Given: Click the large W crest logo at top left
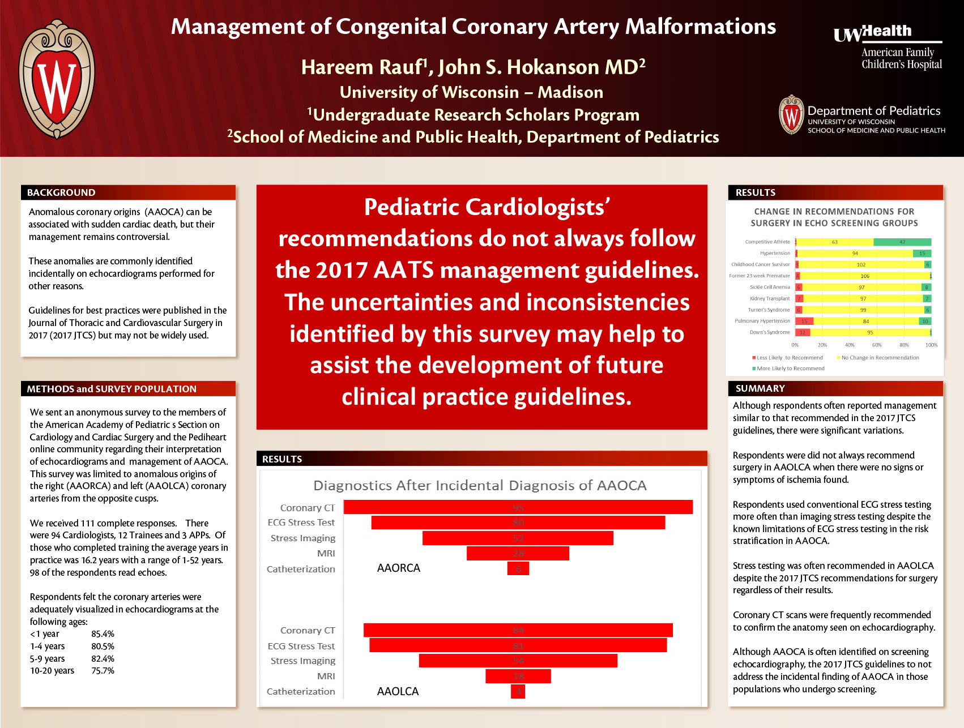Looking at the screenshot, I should click(57, 79).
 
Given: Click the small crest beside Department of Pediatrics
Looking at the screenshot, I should click(791, 115).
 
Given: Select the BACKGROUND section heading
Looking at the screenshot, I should click(61, 192).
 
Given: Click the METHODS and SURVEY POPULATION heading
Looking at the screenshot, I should click(112, 389).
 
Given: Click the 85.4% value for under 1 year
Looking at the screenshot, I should click(103, 634).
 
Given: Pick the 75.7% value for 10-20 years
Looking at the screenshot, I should click(103, 671).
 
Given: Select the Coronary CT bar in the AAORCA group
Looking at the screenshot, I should click(518, 507).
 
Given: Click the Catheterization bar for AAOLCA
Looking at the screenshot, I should click(518, 691).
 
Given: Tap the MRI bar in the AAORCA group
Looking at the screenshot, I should click(518, 553).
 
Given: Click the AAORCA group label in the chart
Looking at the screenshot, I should click(399, 568).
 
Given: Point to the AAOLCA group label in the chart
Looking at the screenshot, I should click(398, 691).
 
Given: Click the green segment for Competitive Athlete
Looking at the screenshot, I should click(902, 242).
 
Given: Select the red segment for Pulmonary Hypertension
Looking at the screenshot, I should click(804, 321).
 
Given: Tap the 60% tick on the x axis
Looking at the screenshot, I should click(877, 345).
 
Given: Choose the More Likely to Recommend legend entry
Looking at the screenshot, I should click(789, 369).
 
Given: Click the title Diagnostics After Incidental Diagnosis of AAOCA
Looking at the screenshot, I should click(480, 485).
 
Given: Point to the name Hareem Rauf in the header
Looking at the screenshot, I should click(362, 67).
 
